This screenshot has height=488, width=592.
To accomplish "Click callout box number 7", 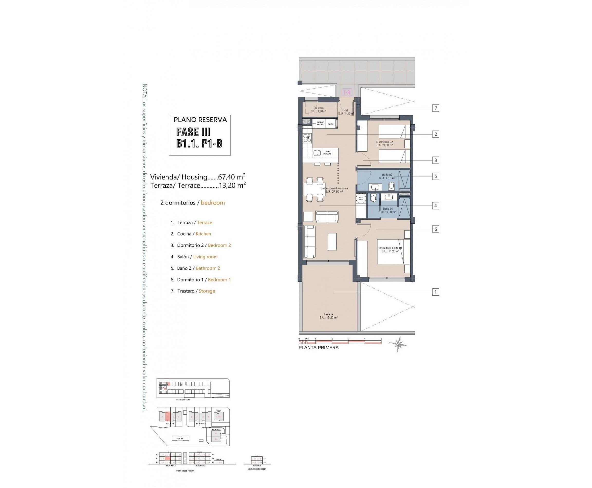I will click(435, 108).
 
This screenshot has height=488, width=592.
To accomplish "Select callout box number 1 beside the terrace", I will click(435, 292).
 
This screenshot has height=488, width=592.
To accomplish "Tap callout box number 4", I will click(435, 206).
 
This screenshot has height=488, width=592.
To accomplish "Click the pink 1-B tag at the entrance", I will click(347, 92).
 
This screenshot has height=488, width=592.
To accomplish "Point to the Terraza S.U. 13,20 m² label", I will click(328, 316).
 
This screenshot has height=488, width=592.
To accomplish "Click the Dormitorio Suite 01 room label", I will click(390, 250).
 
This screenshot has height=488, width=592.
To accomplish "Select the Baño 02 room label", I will click(387, 176).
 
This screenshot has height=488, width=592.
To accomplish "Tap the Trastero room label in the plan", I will click(318, 110).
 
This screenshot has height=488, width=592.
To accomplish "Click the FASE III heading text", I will click(193, 132).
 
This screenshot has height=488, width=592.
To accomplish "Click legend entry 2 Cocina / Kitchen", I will click(191, 234).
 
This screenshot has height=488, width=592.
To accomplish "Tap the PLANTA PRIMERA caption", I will click(318, 348).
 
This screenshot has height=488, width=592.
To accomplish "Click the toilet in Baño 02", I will click(391, 186).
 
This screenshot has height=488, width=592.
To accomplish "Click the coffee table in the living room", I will click(332, 241).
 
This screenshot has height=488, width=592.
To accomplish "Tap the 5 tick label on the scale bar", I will click(381, 339).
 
